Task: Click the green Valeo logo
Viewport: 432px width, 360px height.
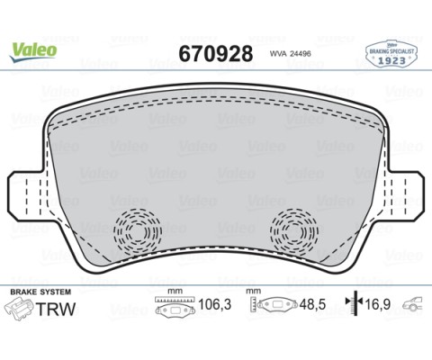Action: (x=33, y=50)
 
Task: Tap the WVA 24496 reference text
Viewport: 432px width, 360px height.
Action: (x=292, y=53)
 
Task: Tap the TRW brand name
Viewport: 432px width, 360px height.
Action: (x=56, y=310)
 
